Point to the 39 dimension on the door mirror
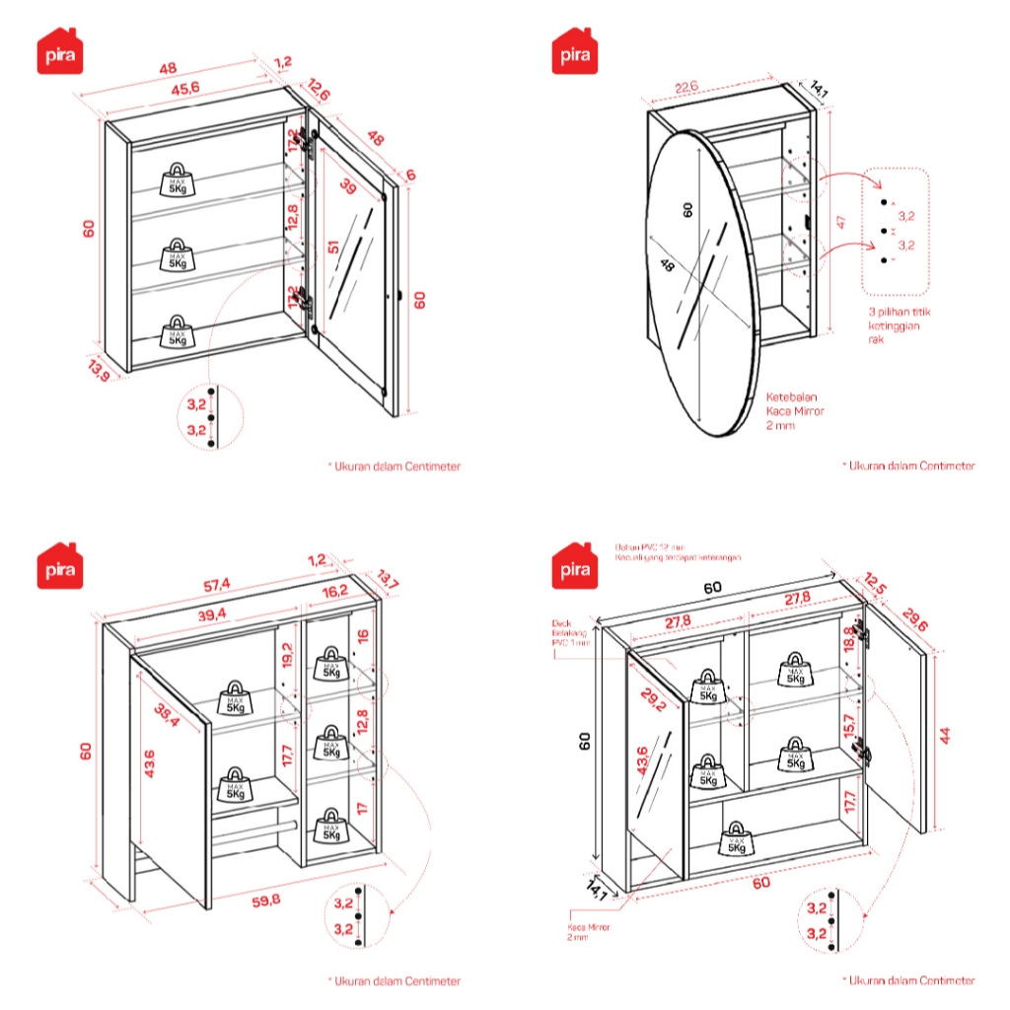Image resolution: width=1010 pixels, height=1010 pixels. [x=347, y=188]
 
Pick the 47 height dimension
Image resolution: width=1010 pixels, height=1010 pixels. [x=840, y=223]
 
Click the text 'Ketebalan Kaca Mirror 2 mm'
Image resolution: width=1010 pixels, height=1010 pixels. [x=794, y=410]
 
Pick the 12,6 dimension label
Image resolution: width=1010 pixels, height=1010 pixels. [x=320, y=88]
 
